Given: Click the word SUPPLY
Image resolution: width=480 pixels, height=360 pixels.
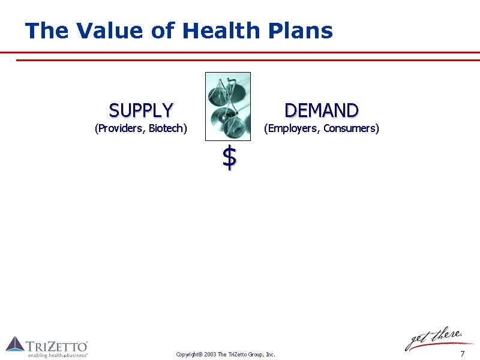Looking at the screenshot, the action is pos(141,110).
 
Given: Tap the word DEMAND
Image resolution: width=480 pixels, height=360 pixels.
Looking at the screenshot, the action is pos(322,110).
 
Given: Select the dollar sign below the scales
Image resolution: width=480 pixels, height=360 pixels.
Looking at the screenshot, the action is pos(230,158).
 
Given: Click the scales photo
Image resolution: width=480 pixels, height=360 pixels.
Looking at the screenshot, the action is pos(228,107).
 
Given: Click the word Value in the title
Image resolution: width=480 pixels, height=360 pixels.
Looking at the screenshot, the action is pos(110,31).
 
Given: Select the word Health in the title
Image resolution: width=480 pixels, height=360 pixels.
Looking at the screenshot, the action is pos(221,31).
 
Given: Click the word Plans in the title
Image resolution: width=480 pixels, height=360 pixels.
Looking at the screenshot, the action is pos(301,31).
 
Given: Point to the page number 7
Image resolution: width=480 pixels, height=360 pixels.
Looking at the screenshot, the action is pos(463,353).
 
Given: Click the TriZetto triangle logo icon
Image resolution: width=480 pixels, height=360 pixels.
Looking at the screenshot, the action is pos(15,344).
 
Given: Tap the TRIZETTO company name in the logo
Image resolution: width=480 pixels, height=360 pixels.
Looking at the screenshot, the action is pos(57,347).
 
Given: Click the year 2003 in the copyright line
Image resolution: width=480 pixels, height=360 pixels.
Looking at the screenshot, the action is pos(210,355).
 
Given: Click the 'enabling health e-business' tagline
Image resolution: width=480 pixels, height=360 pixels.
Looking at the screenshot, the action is pos(58,355).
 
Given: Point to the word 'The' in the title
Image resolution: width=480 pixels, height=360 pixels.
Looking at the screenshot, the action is pos(47,31).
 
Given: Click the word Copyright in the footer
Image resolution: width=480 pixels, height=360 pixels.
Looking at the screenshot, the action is pos(189,355).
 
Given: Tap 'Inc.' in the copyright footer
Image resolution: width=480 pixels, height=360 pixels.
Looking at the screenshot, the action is pos(271,355).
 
